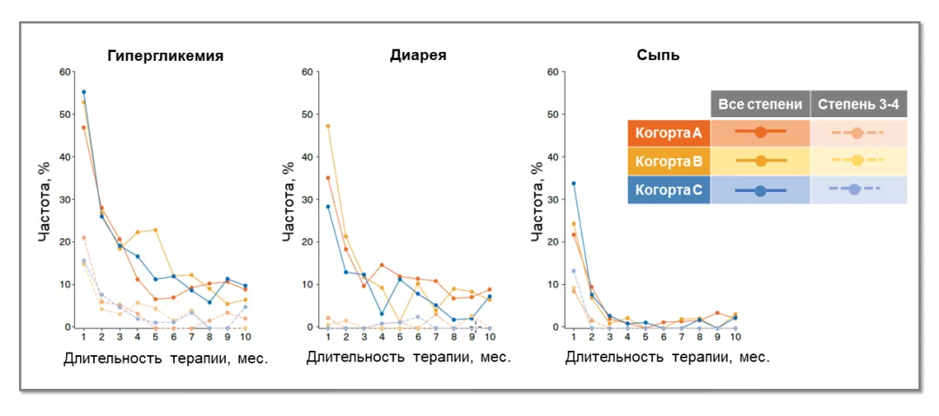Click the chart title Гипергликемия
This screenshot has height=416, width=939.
[165, 56]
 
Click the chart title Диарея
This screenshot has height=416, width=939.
[418, 56]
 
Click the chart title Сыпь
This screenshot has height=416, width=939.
[658, 56]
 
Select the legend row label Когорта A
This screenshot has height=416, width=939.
[669, 133]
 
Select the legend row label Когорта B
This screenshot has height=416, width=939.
[669, 162]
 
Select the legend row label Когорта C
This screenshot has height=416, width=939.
[669, 190]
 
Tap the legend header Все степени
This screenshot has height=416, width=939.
[761, 104]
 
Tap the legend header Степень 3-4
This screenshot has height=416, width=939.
[859, 104]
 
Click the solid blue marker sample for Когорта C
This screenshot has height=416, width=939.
[761, 190]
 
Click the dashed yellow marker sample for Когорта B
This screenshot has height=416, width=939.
[857, 161]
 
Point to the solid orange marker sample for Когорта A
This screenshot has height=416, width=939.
[761, 133]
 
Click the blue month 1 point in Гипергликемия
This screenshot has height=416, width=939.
[83, 92]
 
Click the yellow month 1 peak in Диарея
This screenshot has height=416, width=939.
[328, 126]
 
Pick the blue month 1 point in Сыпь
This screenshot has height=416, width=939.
[573, 183]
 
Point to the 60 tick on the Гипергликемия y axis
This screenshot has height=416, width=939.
[64, 71]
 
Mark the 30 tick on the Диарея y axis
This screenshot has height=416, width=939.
[307, 199]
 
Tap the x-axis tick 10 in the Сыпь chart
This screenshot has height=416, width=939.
[736, 336]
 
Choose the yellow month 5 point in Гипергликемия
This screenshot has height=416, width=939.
[155, 230]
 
